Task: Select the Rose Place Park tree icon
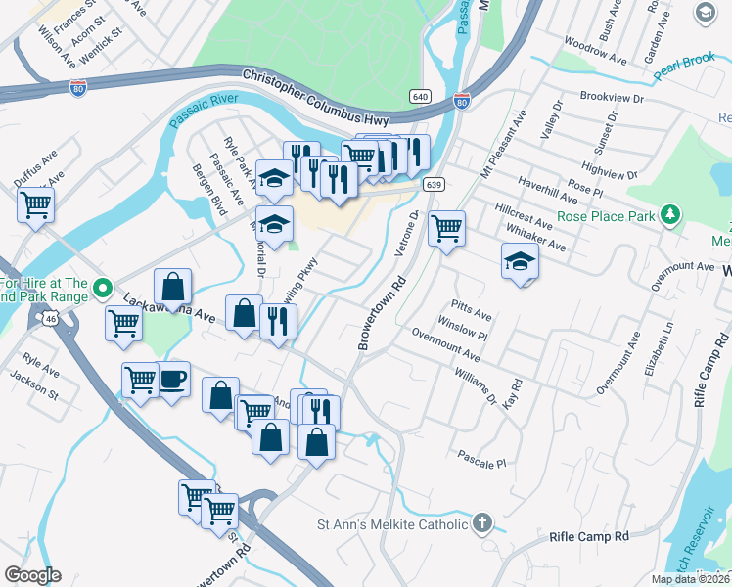pyautogui.click(x=669, y=214)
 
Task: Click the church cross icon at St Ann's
pyautogui.click(x=481, y=524)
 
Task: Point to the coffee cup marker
pyautogui.click(x=172, y=380)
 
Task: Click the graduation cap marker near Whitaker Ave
pyautogui.click(x=520, y=261)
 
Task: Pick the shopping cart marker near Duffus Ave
pyautogui.click(x=35, y=205)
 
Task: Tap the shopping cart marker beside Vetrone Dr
pyautogui.click(x=446, y=228)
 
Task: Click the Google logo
pyautogui.click(x=32, y=575)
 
